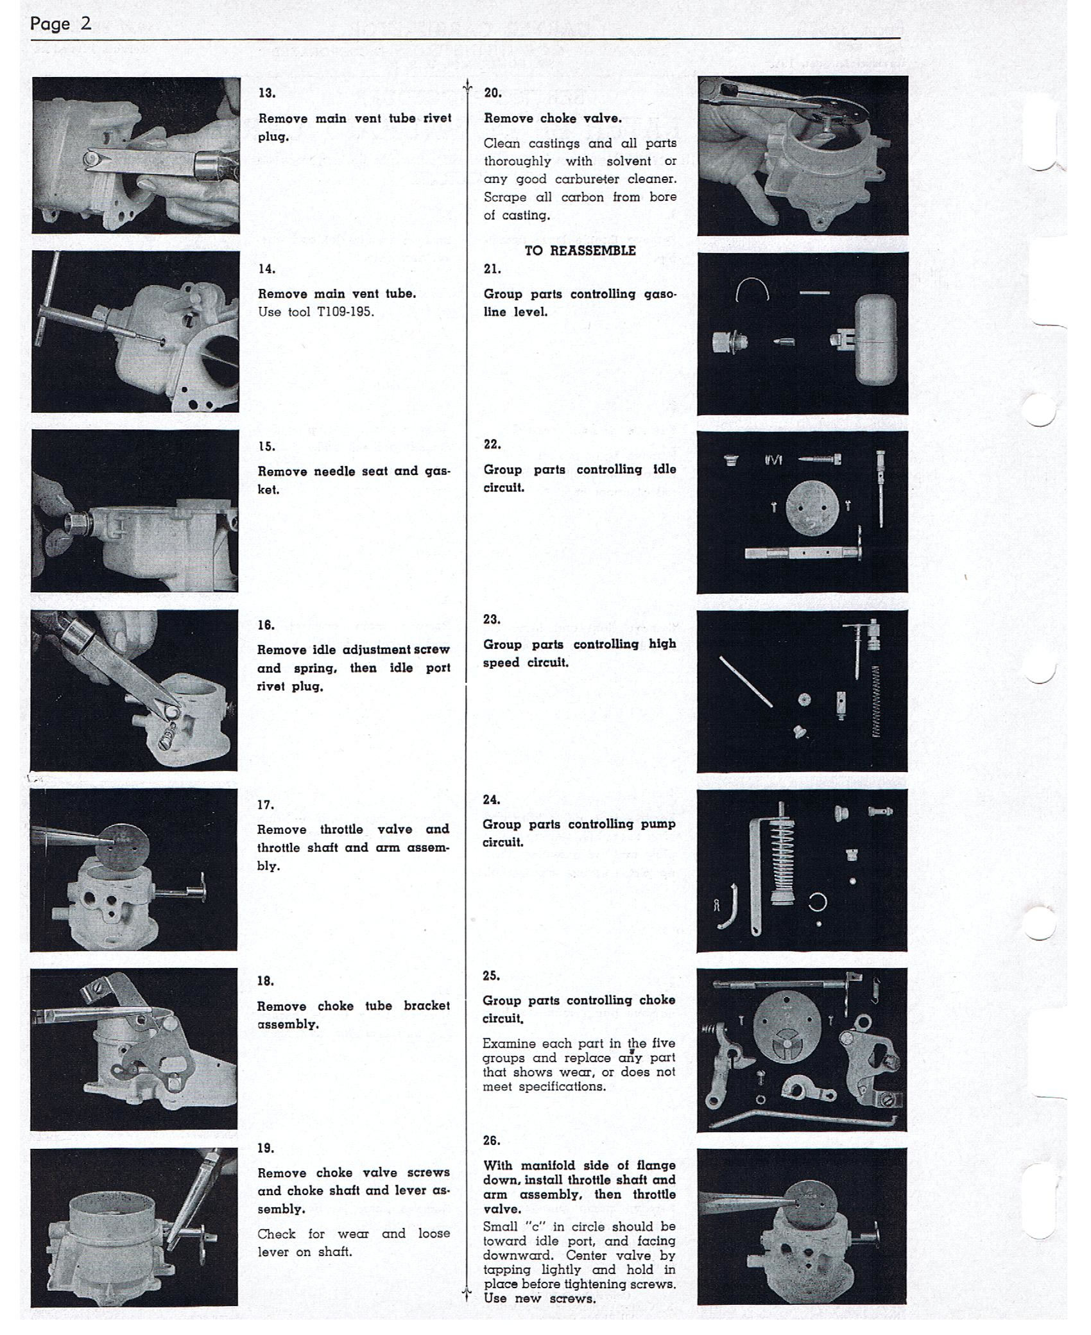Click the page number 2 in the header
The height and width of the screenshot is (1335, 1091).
click(86, 24)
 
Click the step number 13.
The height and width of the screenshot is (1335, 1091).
click(267, 93)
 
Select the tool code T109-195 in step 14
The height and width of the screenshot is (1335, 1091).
click(345, 313)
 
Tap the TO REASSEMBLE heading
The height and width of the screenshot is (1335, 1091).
click(580, 251)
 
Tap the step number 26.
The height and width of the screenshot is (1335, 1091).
click(492, 1141)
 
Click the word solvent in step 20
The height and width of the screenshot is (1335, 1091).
click(629, 161)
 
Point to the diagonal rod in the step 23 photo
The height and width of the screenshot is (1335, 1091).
click(746, 681)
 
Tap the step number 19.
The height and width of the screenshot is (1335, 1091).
click(266, 1148)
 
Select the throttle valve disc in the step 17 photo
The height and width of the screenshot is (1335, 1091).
click(126, 843)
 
